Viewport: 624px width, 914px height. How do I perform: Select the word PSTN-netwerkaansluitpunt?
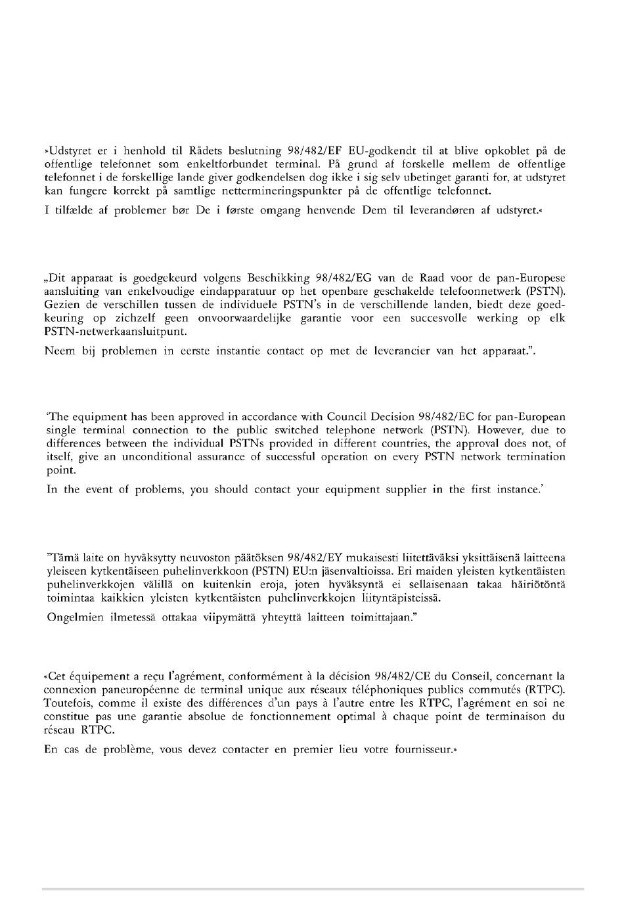(116, 331)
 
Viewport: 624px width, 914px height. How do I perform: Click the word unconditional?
(131, 457)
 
